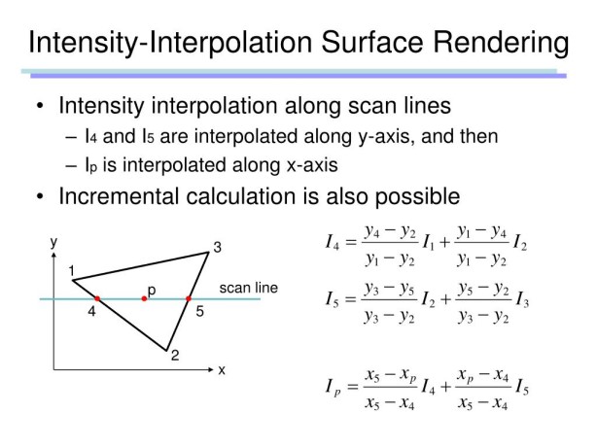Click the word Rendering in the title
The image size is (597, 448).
[x=501, y=43]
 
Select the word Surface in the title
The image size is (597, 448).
[x=373, y=42]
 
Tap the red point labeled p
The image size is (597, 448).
[x=144, y=298]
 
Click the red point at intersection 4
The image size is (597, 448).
[x=97, y=298]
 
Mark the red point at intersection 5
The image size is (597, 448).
[x=189, y=298]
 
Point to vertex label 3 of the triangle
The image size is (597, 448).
[x=218, y=248]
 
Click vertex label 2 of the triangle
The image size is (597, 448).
[x=175, y=355]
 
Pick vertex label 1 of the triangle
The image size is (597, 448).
[x=72, y=271]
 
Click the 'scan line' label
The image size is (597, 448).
[x=249, y=288]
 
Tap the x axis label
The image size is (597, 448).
[x=222, y=370]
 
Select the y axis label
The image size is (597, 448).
[x=53, y=242]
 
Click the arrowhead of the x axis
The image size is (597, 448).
[x=211, y=369]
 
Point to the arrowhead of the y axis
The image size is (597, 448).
[x=53, y=255]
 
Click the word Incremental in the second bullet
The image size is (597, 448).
[x=119, y=196]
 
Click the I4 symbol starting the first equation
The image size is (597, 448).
[x=332, y=242]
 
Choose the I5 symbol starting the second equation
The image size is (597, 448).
[x=332, y=299]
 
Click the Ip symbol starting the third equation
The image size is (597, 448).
[x=333, y=387]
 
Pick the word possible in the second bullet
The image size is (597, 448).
[x=418, y=197]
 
